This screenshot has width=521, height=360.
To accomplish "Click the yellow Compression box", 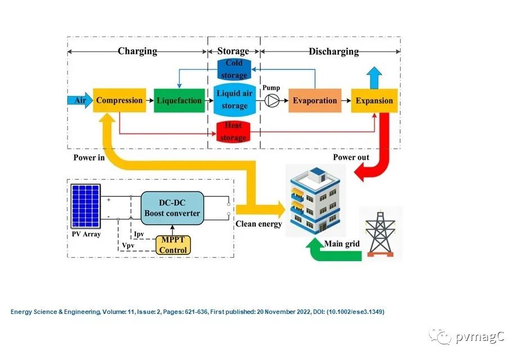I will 119,101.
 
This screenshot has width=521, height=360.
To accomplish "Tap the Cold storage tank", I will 234,69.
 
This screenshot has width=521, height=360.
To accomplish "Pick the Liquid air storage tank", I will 234,100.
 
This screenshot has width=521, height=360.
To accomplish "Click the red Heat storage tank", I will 234,131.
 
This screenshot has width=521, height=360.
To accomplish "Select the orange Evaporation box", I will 315,101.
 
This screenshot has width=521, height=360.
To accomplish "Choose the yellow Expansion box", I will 374,101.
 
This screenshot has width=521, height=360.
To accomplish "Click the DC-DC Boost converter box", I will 172,208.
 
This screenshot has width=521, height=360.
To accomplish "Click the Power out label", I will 351,157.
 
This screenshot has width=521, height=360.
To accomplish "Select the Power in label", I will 89,158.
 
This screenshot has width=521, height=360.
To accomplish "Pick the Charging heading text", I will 137,51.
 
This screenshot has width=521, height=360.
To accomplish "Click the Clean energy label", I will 258,224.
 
